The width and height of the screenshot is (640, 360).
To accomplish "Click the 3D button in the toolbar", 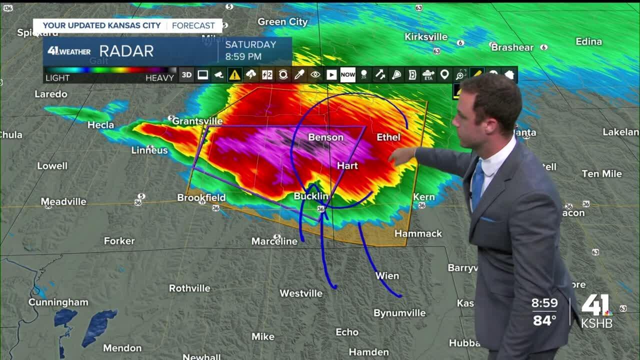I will (x=186, y=75).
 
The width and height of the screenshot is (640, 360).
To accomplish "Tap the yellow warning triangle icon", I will (x=234, y=75).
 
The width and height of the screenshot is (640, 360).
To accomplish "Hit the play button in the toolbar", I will (x=331, y=75).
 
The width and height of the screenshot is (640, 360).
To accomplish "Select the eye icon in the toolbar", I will (x=315, y=75).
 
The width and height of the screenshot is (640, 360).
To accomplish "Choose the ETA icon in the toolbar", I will (x=428, y=75).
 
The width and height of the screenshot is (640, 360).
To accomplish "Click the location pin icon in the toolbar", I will (x=444, y=75).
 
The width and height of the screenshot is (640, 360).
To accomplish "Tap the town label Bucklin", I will (x=311, y=196).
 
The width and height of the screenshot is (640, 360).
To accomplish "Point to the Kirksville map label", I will (x=426, y=37).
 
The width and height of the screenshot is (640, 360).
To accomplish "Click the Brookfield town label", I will (x=201, y=197).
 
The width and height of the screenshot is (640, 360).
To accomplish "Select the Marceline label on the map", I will (x=274, y=241).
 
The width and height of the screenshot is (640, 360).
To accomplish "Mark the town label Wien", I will (x=387, y=275).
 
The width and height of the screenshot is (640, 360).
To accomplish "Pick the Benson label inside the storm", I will (x=326, y=137).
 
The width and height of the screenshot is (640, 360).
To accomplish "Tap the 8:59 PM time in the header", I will (x=243, y=56).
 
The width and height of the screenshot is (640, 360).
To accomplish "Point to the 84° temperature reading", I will (x=544, y=320).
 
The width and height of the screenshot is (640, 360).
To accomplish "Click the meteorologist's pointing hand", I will (x=400, y=156).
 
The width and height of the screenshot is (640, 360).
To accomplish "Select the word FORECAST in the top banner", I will (x=193, y=25).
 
